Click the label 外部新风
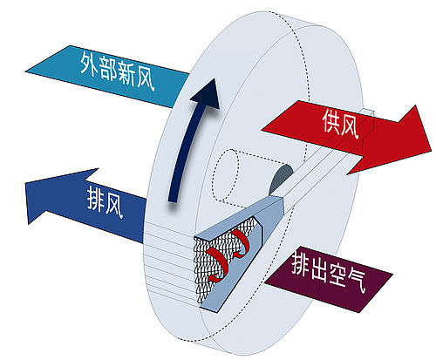tap(117, 70)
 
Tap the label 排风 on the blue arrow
tap(106, 201)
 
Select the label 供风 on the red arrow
tap(340, 123)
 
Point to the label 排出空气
tap(329, 271)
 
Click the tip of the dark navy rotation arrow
tap(215, 78)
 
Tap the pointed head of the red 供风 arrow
tap(430, 150)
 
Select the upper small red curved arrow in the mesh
tap(239, 243)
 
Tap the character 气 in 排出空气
tap(357, 280)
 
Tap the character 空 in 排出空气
tap(337, 274)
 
